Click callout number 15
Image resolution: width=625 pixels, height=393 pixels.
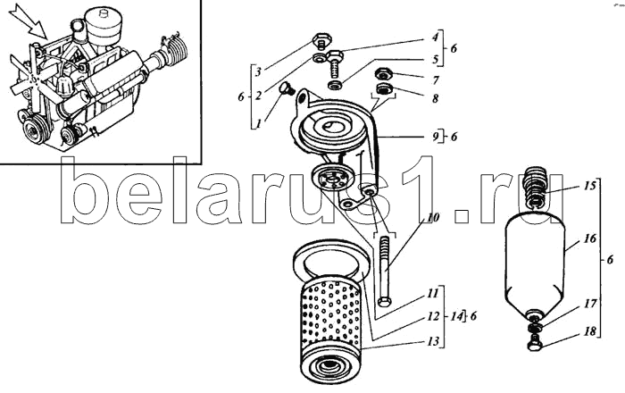[590, 186]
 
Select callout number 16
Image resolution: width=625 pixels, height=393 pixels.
[590, 238]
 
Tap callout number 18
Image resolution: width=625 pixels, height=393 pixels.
[591, 330]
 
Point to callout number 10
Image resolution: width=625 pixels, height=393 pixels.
[433, 218]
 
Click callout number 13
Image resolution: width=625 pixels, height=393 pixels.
[433, 341]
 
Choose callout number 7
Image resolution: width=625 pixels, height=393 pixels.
[436, 80]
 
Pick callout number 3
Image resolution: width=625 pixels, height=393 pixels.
[258, 72]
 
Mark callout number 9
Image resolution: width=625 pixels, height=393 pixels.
[436, 137]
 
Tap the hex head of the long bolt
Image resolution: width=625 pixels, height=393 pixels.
[384, 301]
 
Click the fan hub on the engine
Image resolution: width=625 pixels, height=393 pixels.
[37, 79]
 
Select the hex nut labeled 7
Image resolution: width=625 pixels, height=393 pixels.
[383, 74]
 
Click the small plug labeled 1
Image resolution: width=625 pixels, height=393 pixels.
[287, 88]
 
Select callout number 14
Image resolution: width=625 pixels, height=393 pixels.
[458, 316]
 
